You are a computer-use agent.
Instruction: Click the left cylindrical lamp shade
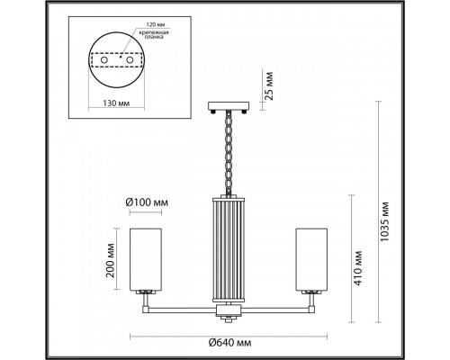click(x=145, y=261)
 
